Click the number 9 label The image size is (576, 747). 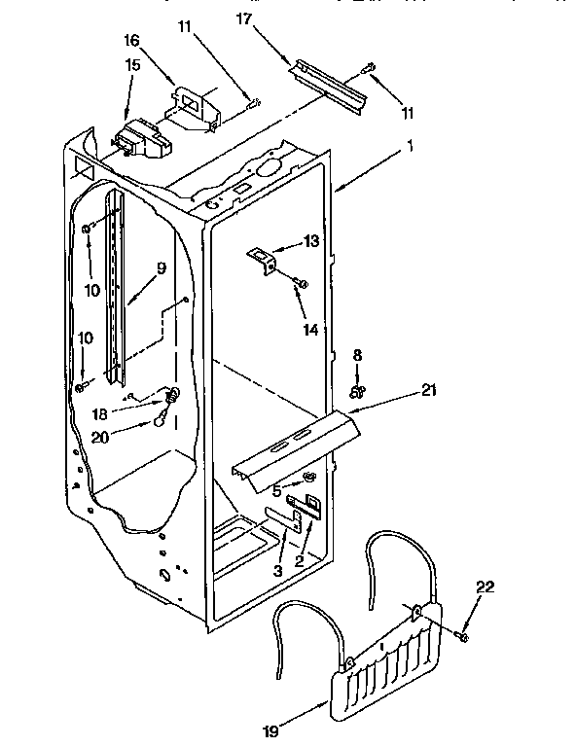161,267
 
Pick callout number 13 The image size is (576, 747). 310,240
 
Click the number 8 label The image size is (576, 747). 357,355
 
